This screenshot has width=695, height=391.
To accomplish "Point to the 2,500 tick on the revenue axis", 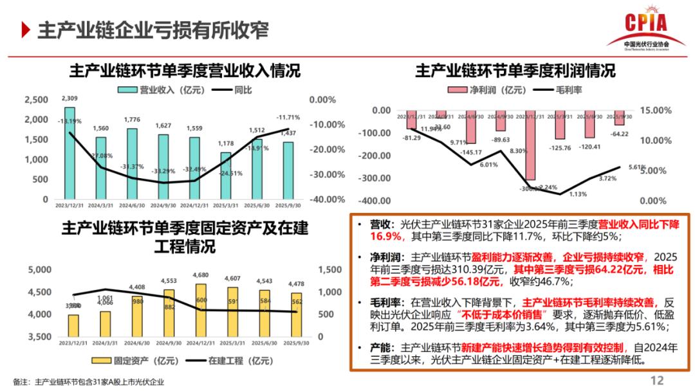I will tap(36, 100).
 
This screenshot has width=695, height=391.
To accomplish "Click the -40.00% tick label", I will tap(326, 199).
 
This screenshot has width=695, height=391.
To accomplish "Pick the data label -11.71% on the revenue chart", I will tap(288, 118).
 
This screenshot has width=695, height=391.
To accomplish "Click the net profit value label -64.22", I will tap(620, 134).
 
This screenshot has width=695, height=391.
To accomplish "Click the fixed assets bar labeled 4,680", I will tap(201, 311).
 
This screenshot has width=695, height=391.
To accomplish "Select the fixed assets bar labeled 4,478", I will tap(297, 315).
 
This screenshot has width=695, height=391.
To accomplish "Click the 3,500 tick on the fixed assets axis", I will tap(40, 337).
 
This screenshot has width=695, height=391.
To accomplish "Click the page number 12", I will tap(656, 379).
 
